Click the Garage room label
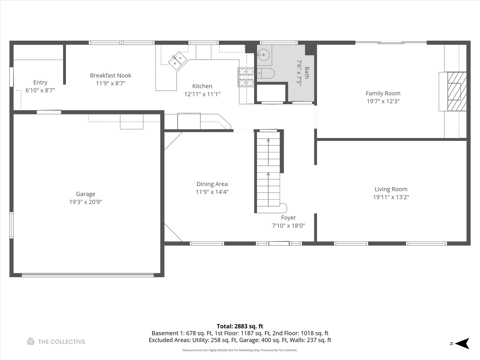(85, 194)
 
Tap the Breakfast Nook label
(111, 75)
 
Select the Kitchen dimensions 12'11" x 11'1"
(202, 94)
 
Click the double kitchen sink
(177, 60)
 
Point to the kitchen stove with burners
(246, 77)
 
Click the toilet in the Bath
(266, 73)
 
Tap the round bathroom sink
(263, 55)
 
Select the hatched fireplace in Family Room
(456, 91)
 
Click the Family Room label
(383, 93)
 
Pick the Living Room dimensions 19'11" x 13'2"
(391, 197)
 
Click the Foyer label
(288, 218)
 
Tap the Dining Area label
(212, 184)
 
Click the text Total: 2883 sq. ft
(240, 326)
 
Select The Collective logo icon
(31, 342)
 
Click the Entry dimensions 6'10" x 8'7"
(40, 90)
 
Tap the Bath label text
(307, 73)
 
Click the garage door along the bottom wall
(88, 275)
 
